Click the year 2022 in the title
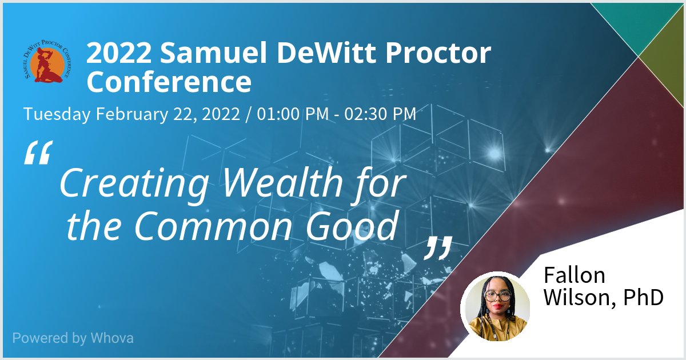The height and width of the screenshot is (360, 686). click(x=119, y=54)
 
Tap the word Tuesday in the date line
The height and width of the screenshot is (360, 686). click(x=57, y=114)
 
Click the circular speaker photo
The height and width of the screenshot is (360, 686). click(x=496, y=306)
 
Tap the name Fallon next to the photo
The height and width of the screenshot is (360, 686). click(x=574, y=275)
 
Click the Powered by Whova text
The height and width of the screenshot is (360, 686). click(x=73, y=338)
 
